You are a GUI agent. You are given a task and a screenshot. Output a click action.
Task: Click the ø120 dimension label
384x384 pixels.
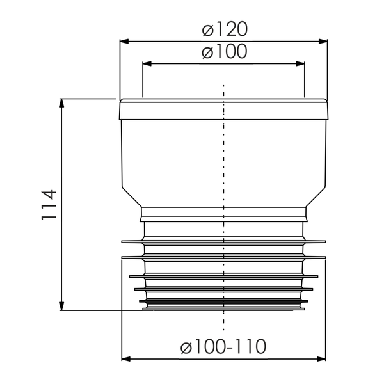(x=225, y=29)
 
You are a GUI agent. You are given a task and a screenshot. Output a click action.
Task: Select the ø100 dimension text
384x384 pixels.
(x=225, y=51)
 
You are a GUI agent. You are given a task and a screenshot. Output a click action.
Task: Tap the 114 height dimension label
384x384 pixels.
(x=49, y=205)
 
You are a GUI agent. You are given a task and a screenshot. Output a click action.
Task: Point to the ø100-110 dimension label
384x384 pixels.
(x=223, y=346)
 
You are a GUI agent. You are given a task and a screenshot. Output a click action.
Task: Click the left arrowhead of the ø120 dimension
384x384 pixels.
(x=124, y=42)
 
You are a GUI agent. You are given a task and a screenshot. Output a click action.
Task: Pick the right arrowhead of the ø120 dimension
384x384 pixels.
(x=323, y=42)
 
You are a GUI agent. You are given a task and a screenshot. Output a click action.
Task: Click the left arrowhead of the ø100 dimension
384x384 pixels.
(x=147, y=63)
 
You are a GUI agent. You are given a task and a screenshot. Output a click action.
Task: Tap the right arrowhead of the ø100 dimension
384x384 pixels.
(x=300, y=63)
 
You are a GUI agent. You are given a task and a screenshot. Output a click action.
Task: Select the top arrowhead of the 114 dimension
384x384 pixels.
(x=61, y=103)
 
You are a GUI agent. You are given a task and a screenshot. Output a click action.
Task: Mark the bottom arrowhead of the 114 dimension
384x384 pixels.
(x=61, y=306)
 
